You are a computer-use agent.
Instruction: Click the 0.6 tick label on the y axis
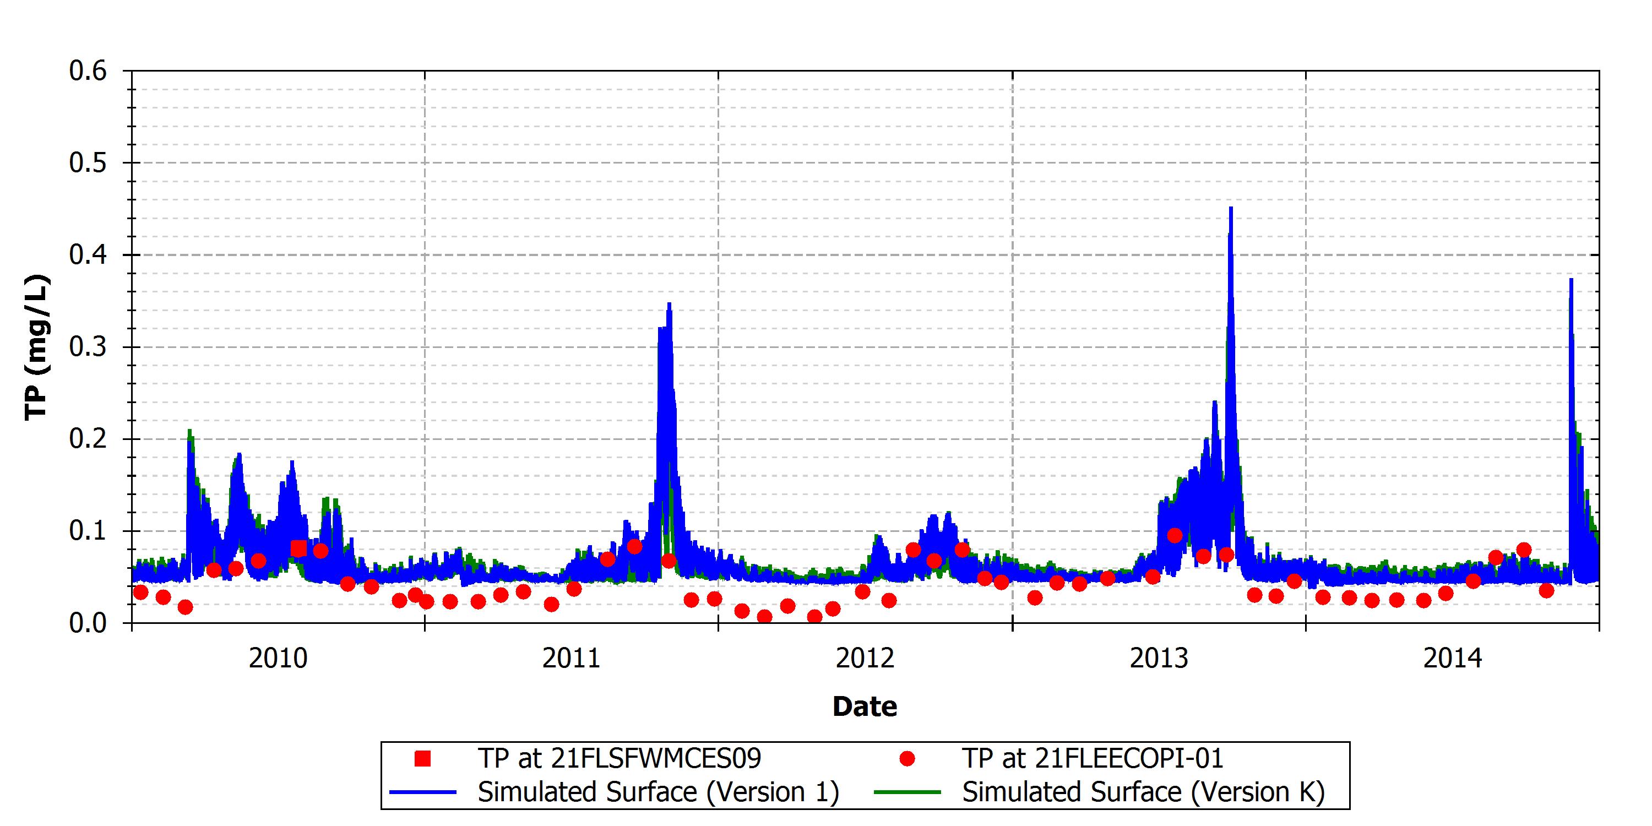88,70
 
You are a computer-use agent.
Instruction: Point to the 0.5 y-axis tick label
88,163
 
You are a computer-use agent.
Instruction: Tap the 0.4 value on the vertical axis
88,256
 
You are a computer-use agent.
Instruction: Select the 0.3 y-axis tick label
88,347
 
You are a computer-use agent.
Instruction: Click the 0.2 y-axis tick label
88,439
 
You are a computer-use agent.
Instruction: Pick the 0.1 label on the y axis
88,531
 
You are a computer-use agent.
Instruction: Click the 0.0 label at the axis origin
88,623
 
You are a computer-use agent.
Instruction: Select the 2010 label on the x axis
278,659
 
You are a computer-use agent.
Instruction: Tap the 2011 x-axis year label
572,659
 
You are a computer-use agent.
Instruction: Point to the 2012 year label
865,659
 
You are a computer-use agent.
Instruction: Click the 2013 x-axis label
1159,659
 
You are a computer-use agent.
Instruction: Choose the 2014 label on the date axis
1453,659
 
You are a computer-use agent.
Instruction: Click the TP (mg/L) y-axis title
36,347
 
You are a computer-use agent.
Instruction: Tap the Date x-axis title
865,707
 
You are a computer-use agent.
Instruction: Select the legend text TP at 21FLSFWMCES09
619,759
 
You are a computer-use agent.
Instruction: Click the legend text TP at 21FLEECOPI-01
1093,759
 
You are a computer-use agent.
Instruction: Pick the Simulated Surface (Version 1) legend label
659,792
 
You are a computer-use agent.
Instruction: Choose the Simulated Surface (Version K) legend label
1143,792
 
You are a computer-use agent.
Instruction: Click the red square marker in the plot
298,548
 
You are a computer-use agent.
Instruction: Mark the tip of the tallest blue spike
1231,207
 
